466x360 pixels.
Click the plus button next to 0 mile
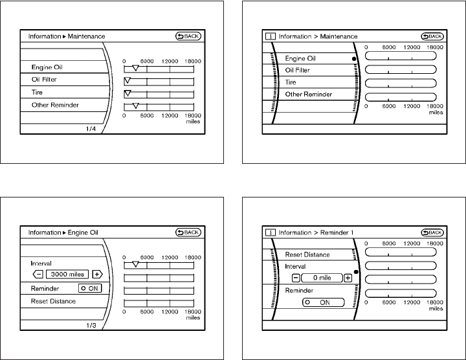coord(348,278)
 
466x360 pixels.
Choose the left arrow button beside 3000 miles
coord(37,274)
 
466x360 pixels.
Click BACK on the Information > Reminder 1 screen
coord(432,232)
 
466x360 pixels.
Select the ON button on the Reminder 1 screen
coord(319,302)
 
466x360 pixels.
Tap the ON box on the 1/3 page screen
coord(89,288)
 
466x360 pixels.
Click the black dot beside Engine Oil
coord(354,59)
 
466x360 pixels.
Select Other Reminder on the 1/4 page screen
coord(55,105)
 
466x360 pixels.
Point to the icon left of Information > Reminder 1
coord(269,232)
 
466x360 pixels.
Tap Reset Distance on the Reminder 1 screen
coord(307,254)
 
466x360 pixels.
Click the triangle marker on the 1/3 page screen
coord(135,264)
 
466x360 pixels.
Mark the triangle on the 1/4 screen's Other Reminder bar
coord(135,105)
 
